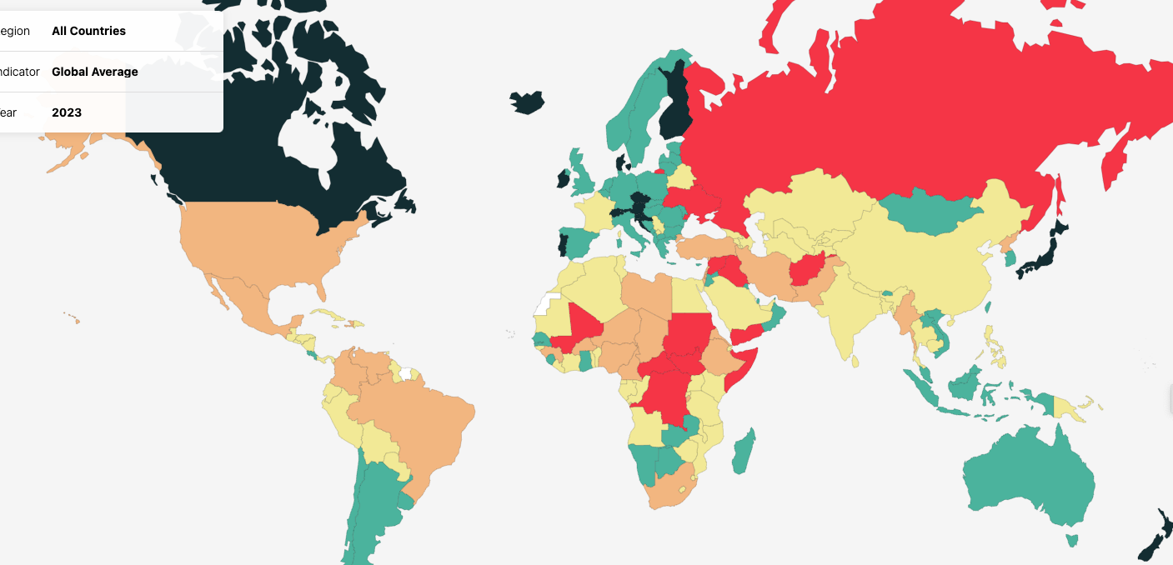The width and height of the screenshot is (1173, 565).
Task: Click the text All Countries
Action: tap(88, 31)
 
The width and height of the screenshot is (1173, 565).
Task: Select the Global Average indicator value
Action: tap(95, 72)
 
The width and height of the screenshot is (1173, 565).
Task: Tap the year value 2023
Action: tap(67, 112)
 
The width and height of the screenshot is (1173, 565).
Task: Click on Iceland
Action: tap(527, 102)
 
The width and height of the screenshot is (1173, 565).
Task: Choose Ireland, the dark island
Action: tap(563, 178)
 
